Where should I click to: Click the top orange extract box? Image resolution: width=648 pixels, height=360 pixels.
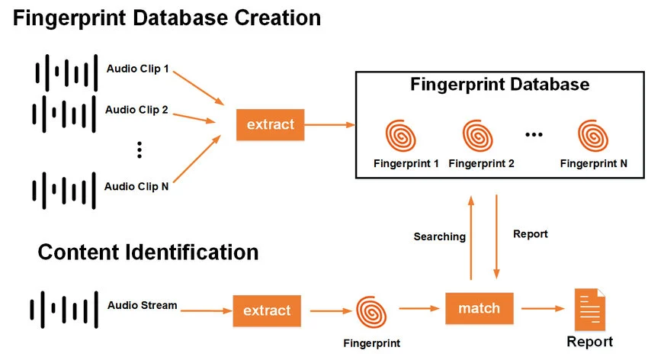pyautogui.click(x=271, y=124)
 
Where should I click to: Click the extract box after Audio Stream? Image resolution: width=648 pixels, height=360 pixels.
pyautogui.click(x=267, y=310)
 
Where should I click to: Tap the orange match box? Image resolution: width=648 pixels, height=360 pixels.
pyautogui.click(x=479, y=308)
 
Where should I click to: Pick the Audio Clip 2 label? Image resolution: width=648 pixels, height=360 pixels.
pyautogui.click(x=136, y=109)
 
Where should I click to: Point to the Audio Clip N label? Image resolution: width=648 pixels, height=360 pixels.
pyautogui.click(x=136, y=185)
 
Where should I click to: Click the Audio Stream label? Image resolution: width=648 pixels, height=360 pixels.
pyautogui.click(x=143, y=305)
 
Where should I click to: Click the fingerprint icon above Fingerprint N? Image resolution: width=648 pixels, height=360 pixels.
pyautogui.click(x=593, y=136)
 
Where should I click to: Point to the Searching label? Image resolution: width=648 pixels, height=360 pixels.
pyautogui.click(x=439, y=236)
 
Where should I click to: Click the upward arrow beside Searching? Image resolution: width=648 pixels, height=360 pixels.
pyautogui.click(x=471, y=236)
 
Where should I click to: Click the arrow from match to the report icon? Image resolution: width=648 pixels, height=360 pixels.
pyautogui.click(x=541, y=309)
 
